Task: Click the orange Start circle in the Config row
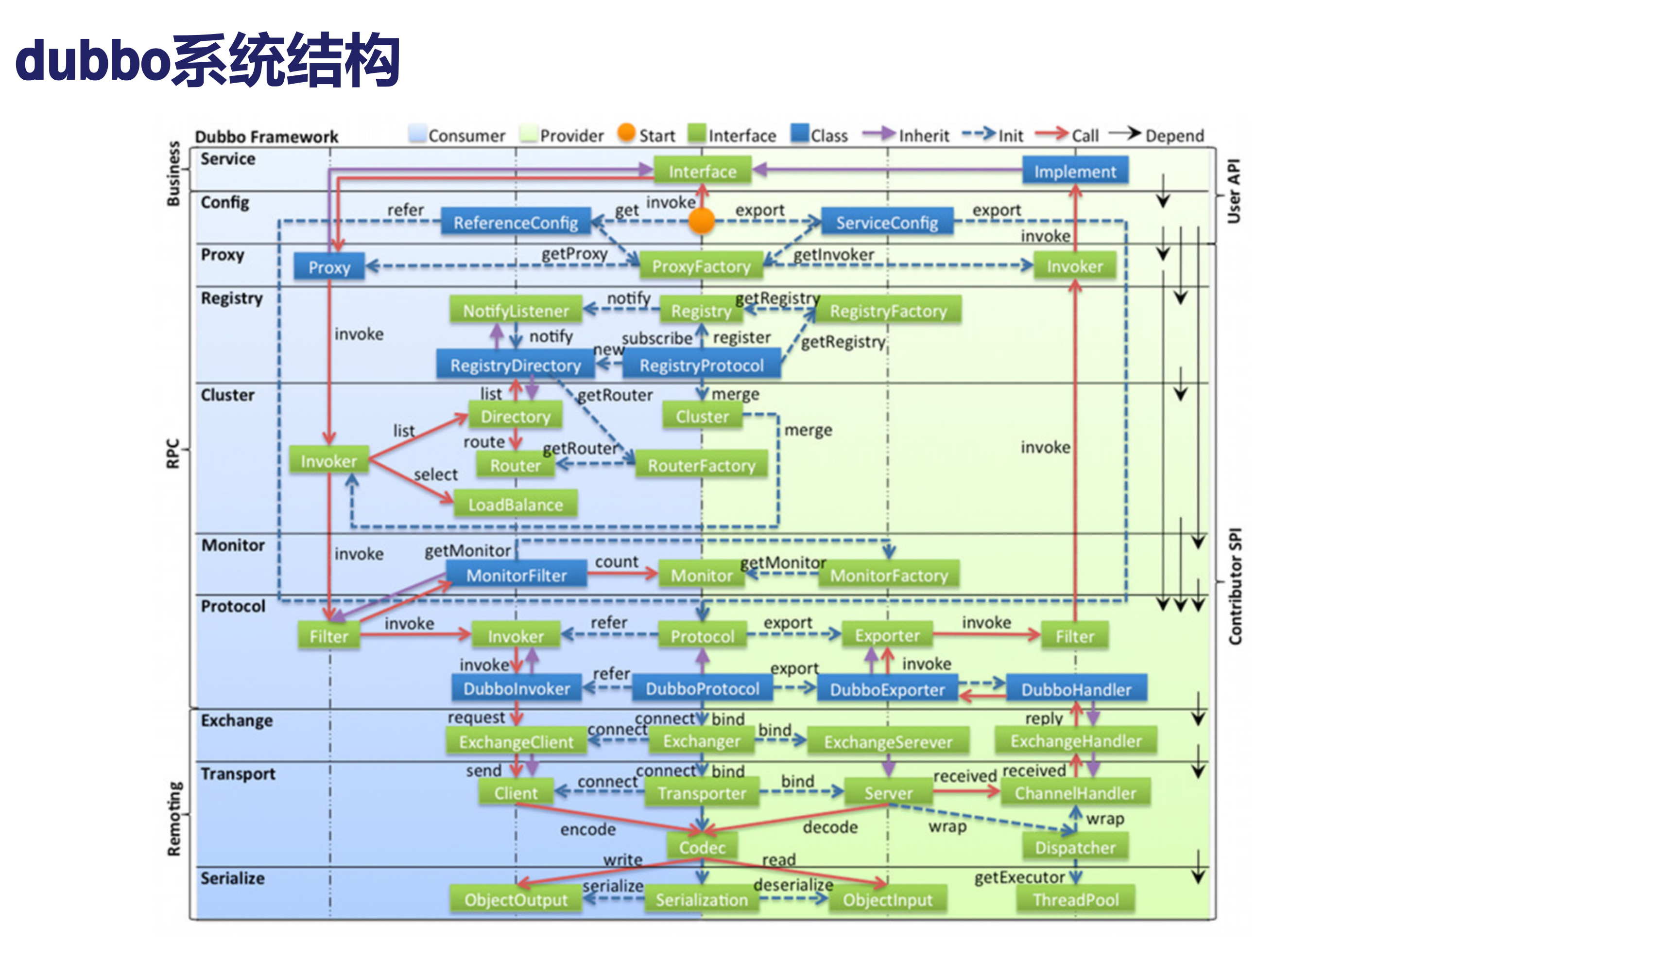702,221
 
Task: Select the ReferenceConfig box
516,223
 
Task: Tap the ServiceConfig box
887,223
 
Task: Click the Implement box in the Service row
1074,172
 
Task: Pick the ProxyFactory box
702,266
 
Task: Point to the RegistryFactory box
888,310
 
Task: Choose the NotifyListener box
516,310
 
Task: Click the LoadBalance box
516,505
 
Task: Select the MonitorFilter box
516,575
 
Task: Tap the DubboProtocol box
702,689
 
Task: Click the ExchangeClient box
516,742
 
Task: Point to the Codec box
702,847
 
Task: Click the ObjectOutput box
516,899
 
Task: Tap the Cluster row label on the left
228,395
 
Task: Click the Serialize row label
232,878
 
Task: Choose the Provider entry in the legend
571,135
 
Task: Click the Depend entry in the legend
1174,135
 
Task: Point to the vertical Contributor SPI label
1235,586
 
